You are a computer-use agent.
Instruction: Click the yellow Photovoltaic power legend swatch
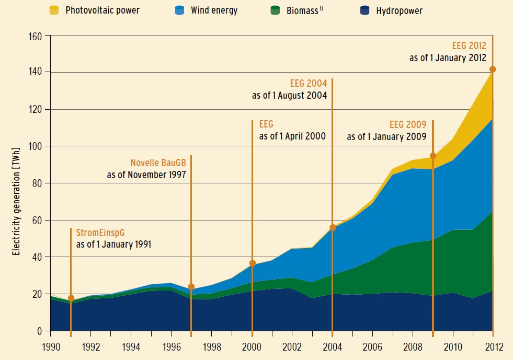click(53, 9)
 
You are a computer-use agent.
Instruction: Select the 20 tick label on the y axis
click(38, 295)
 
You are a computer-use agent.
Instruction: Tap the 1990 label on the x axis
click(51, 345)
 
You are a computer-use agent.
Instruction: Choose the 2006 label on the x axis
click(372, 345)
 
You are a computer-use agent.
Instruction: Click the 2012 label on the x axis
click(493, 345)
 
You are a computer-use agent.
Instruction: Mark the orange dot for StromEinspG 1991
click(71, 298)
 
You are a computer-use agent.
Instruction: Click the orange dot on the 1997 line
click(191, 287)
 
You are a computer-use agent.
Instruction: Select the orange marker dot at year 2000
click(253, 263)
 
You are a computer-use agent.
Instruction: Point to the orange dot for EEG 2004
click(333, 227)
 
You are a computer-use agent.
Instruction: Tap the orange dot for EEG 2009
click(433, 156)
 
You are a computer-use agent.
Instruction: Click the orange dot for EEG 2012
click(493, 69)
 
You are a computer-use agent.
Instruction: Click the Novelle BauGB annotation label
click(158, 163)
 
